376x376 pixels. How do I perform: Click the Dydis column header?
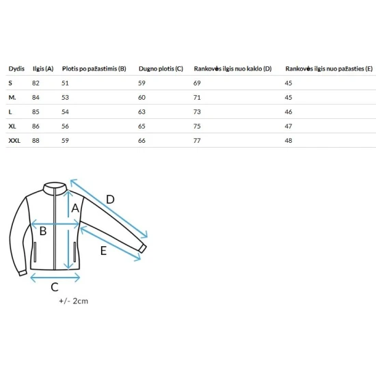[x=16, y=69]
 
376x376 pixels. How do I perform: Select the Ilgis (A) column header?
[x=43, y=69]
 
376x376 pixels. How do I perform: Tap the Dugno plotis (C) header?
[x=161, y=69]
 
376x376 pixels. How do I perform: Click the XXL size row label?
[x=14, y=141]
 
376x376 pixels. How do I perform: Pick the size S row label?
[x=10, y=83]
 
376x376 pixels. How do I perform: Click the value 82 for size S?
[x=36, y=83]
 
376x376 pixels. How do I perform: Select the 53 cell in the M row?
[x=65, y=97]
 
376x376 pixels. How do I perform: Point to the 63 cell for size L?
[x=142, y=111]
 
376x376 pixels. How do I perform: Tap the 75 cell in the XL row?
[x=197, y=126]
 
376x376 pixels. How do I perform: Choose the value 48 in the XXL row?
[x=288, y=141]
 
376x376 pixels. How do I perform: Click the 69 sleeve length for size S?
[x=197, y=83]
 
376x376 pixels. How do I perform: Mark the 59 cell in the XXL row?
[x=65, y=141]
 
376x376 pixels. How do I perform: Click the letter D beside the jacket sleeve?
[x=110, y=200]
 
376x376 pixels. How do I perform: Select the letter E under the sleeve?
[x=103, y=251]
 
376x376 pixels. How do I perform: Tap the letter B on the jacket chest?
[x=43, y=231]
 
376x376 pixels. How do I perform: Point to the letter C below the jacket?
[x=55, y=287]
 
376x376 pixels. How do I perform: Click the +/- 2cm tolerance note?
[x=74, y=301]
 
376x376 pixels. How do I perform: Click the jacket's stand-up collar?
[x=55, y=187]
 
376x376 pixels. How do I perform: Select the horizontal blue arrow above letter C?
[x=55, y=278]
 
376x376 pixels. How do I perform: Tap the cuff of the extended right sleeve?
[x=142, y=249]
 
